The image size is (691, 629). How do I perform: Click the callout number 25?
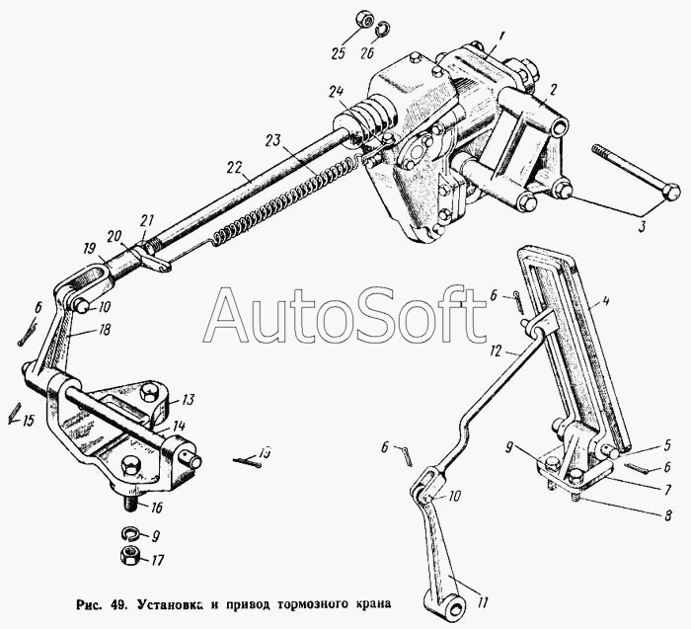(x=340, y=53)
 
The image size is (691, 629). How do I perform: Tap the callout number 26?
(x=366, y=53)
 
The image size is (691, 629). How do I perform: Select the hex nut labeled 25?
(x=364, y=21)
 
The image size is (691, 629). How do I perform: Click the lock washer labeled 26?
(x=384, y=29)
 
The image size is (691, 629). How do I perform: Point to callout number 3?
(x=642, y=226)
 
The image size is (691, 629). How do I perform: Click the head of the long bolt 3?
(x=671, y=193)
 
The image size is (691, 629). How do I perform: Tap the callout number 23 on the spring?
(x=273, y=140)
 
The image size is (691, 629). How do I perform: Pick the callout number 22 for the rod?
(x=236, y=168)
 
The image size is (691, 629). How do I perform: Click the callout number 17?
(x=156, y=560)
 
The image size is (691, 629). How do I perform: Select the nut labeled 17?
(x=130, y=555)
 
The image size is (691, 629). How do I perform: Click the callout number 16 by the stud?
(x=156, y=508)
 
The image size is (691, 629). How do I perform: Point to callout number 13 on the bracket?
(x=188, y=400)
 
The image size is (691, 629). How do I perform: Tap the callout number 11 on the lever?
(x=483, y=602)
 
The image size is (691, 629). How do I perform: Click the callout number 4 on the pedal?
(x=606, y=302)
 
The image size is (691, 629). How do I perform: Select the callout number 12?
(x=497, y=351)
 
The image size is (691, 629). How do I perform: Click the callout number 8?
(x=668, y=514)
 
